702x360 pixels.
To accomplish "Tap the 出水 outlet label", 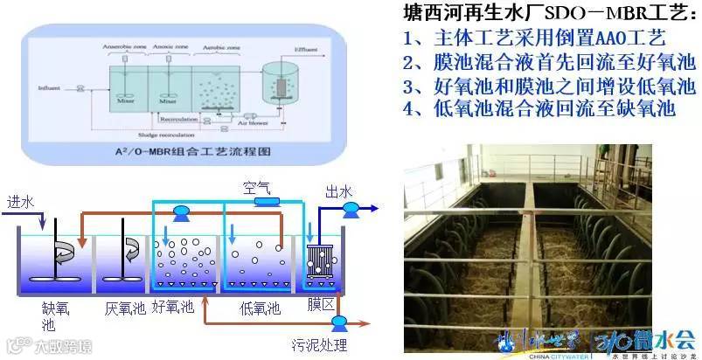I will pos(338,191).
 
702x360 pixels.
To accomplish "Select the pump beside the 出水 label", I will pos(351,209).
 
